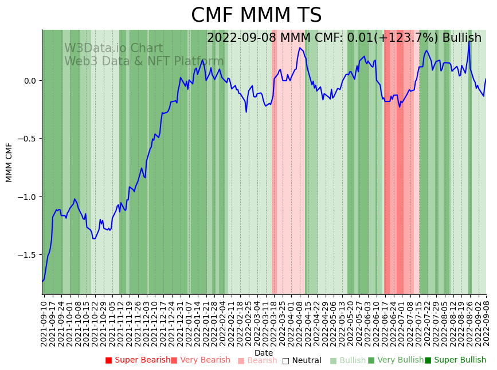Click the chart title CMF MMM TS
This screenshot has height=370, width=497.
click(256, 15)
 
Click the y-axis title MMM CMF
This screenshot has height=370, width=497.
click(9, 162)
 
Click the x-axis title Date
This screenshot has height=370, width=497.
click(264, 353)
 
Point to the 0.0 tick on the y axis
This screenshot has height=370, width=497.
click(29, 81)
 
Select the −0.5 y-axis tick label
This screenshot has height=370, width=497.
click(27, 139)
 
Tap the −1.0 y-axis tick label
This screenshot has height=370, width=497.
click(27, 197)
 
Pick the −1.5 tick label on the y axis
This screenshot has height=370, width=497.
click(27, 255)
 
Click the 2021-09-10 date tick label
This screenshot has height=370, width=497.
click(44, 321)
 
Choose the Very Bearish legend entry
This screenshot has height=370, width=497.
click(201, 360)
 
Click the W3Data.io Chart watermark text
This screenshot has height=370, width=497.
click(114, 49)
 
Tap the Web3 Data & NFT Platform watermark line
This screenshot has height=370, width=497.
click(144, 61)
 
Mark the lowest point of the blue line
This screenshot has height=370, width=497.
click(42, 281)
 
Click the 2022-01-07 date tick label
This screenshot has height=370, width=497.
click(189, 321)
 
